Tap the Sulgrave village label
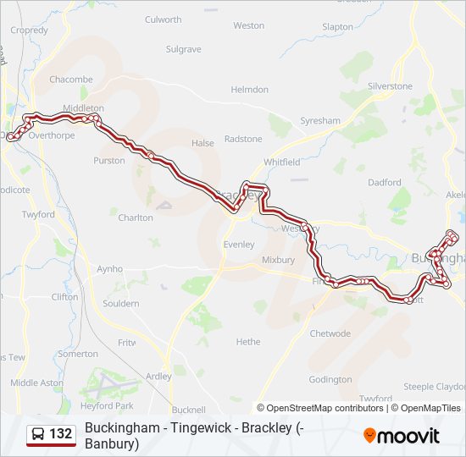coord(183,50)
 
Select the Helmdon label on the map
coord(250,90)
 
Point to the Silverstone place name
coord(390,86)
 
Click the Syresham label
coord(320,121)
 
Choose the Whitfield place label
coord(281,162)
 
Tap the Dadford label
coord(385,183)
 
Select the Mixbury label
coord(278,260)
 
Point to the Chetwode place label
coord(330,333)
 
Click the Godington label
coord(330,380)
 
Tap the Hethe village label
coord(248,342)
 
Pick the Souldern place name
coord(120,303)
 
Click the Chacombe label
coord(71,80)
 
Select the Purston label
coord(109,161)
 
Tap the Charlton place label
coord(136,217)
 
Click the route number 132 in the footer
coord(61,434)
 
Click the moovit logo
coord(402,436)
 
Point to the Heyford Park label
coord(107,406)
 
